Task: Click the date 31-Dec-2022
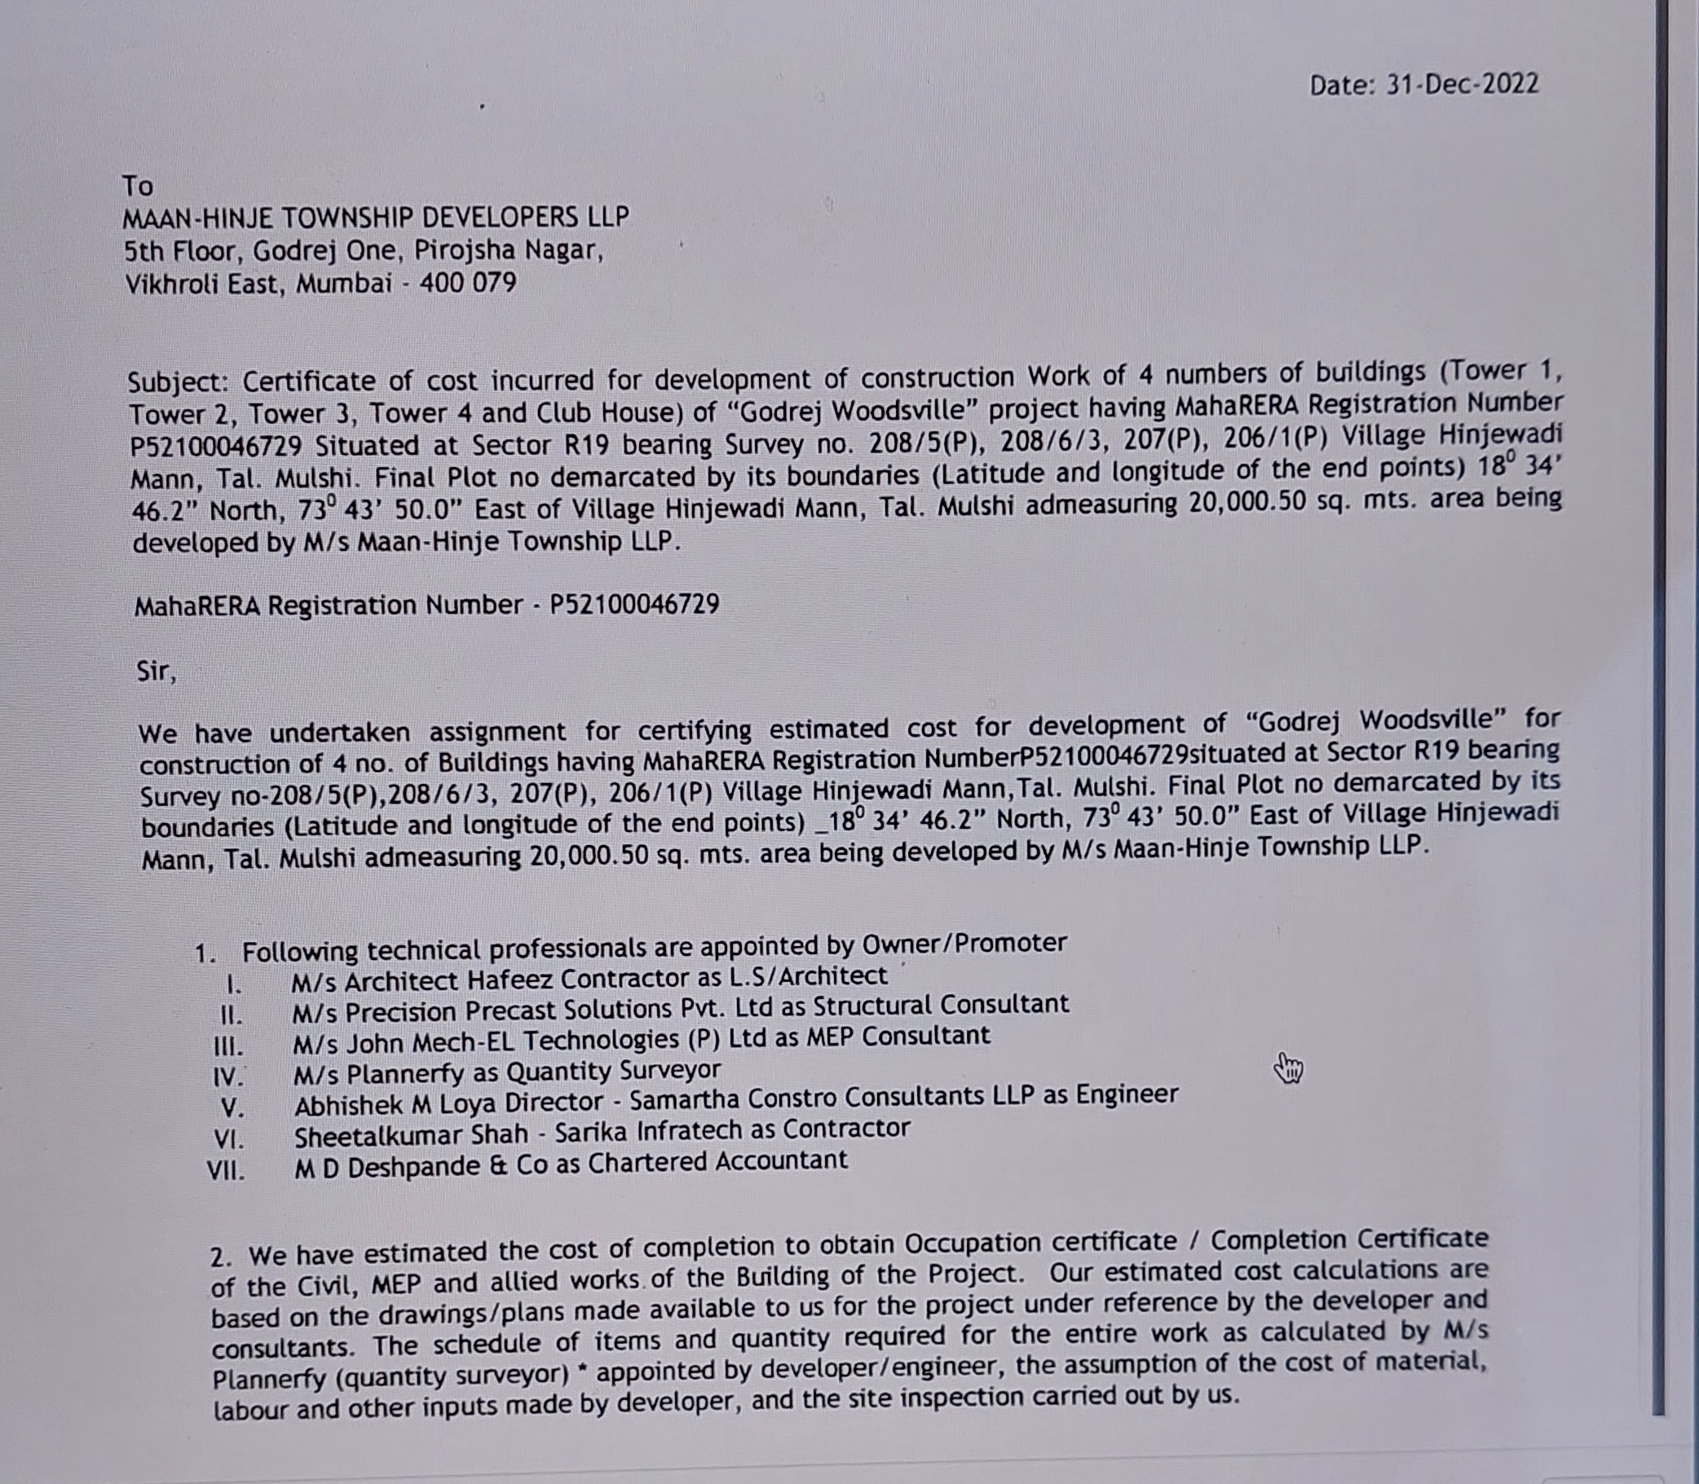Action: (x=1462, y=85)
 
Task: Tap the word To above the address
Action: (x=138, y=186)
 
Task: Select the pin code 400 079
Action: (x=467, y=284)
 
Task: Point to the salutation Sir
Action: (x=156, y=670)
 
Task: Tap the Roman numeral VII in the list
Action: (x=226, y=1171)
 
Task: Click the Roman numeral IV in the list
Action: (x=227, y=1077)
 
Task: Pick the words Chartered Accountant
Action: (x=717, y=1162)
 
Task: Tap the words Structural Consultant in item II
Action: (x=940, y=1005)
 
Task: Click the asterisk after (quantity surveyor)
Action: (x=582, y=1376)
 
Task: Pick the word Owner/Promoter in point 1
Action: (x=964, y=943)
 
